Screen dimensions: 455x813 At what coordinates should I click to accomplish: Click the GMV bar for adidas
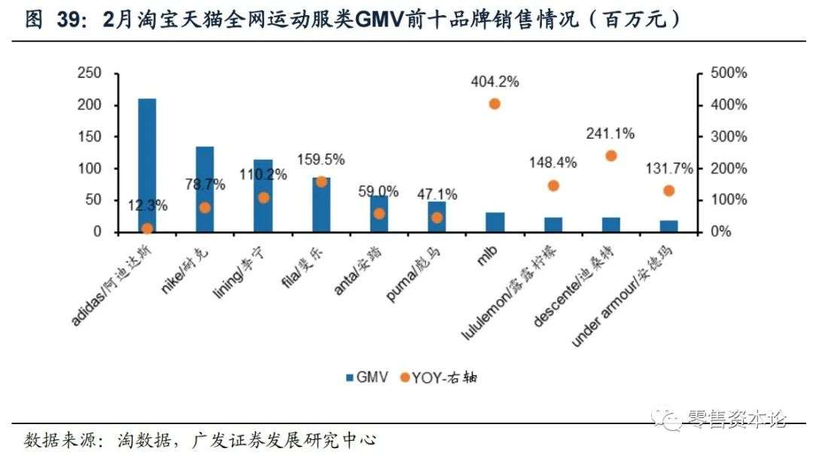pos(147,165)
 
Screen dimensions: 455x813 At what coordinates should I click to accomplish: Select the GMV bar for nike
pos(205,189)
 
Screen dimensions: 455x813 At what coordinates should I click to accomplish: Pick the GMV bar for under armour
pos(668,226)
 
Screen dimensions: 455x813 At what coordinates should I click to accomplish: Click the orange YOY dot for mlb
pos(495,104)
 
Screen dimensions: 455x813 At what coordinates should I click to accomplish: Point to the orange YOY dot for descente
pos(611,156)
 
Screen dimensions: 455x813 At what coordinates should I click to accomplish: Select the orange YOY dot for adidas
pos(147,228)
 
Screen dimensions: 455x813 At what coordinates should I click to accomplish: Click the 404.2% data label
pos(495,82)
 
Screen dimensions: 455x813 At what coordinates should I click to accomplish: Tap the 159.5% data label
pos(321,160)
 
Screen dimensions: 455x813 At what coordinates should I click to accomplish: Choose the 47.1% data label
pos(437,194)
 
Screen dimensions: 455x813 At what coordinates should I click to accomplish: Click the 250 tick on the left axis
pos(90,73)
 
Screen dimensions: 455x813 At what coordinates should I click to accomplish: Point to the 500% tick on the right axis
pos(726,73)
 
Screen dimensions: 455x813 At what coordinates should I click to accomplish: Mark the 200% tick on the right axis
pos(726,169)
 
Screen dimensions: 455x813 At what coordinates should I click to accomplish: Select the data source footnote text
pos(200,439)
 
